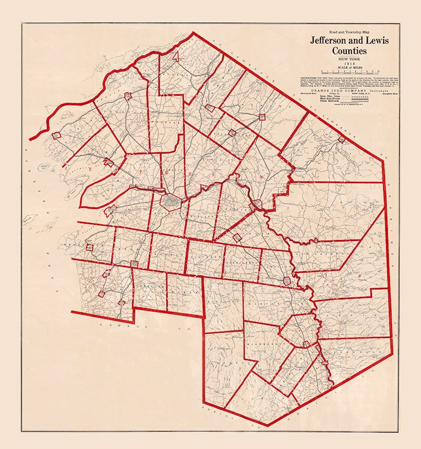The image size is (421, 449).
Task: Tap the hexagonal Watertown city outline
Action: pos(170,201)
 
